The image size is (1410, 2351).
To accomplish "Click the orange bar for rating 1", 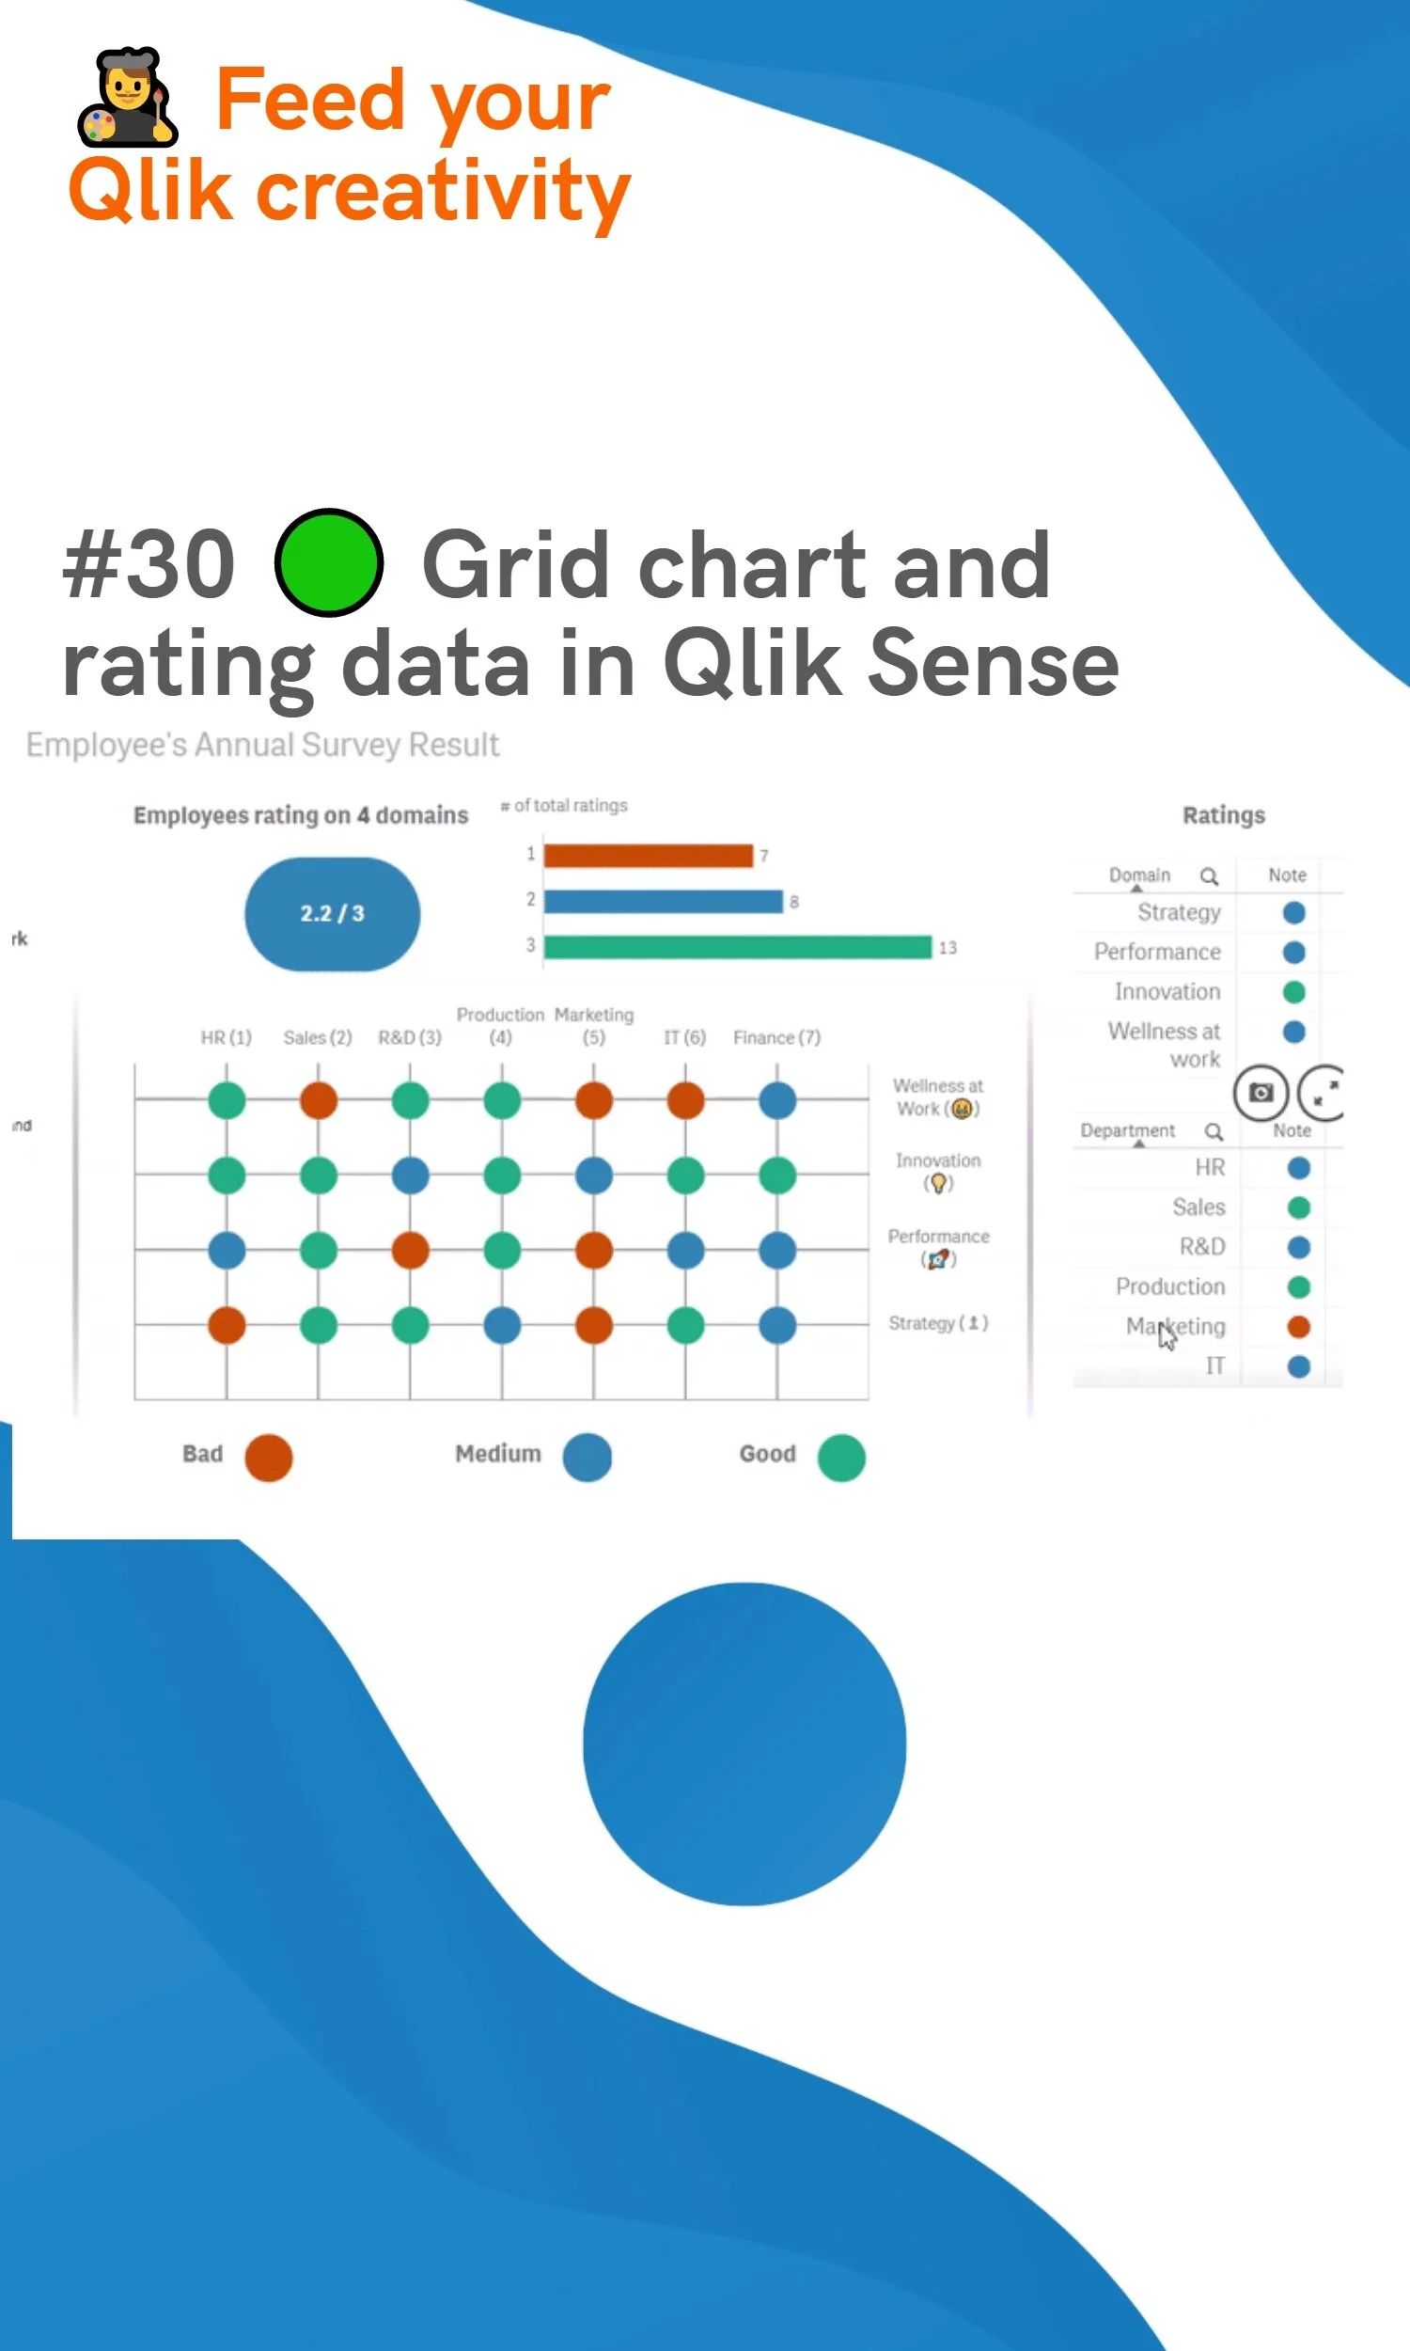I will coord(648,855).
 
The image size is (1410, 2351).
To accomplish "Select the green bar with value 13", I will coord(737,946).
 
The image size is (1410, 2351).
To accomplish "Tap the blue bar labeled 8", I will coord(664,901).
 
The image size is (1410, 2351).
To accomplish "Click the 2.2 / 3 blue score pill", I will coord(332,913).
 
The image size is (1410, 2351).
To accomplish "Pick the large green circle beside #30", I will coord(329,562).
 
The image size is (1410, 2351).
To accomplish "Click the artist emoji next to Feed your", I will coord(127,97).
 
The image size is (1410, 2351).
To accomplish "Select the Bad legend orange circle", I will coord(269,1457).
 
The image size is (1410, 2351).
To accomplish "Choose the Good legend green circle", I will coord(841,1457).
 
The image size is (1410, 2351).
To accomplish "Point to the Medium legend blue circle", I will coord(587,1457).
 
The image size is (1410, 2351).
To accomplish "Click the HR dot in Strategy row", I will coord(227,1325).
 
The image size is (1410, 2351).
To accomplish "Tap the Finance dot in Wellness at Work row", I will coord(777,1100).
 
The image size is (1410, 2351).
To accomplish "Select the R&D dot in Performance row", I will coord(411,1251).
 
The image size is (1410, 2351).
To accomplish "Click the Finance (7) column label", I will coord(776,1036).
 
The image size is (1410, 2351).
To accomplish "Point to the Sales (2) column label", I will coord(318,1036).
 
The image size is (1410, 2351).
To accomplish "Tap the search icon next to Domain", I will coord(1209,876).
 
